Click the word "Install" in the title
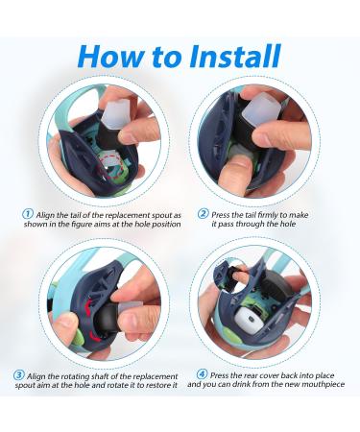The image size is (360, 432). [x=235, y=56]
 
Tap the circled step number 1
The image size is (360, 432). [x=28, y=214]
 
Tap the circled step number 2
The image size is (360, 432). [x=203, y=213]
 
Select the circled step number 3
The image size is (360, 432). [x=19, y=375]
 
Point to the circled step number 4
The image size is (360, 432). [x=202, y=374]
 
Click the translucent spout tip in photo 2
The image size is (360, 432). [x=260, y=108]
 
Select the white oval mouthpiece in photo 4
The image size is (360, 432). [x=250, y=321]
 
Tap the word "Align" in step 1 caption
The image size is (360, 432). [x=45, y=215]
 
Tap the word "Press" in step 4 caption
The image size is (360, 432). [x=219, y=375]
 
